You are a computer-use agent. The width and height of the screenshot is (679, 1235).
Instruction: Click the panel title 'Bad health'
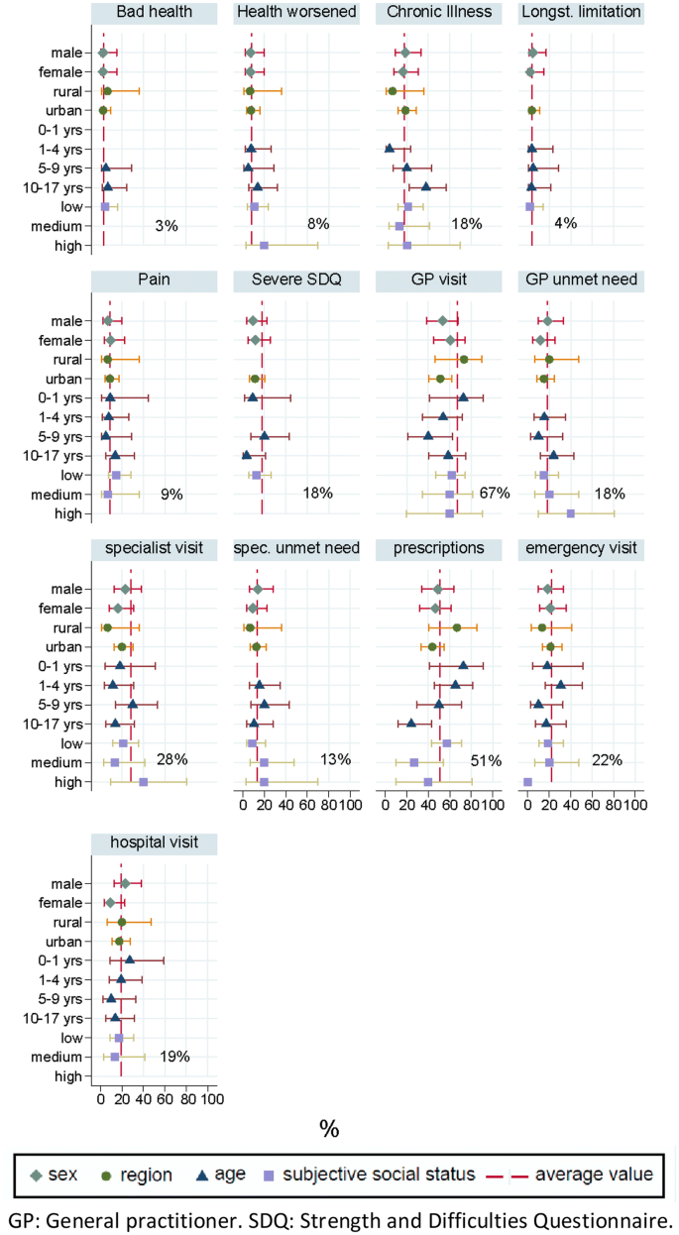[x=154, y=13]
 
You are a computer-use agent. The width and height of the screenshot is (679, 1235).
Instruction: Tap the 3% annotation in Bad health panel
[x=167, y=226]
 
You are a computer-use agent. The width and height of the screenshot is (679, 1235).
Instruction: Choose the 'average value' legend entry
[x=593, y=1175]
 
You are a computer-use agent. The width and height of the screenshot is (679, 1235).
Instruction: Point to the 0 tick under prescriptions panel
[x=387, y=806]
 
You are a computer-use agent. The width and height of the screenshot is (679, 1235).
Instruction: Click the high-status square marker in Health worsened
[x=264, y=245]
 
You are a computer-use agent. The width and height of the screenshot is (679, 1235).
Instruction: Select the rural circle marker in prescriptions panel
[x=457, y=628]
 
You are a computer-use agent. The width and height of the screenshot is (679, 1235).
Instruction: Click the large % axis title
[x=329, y=1128]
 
